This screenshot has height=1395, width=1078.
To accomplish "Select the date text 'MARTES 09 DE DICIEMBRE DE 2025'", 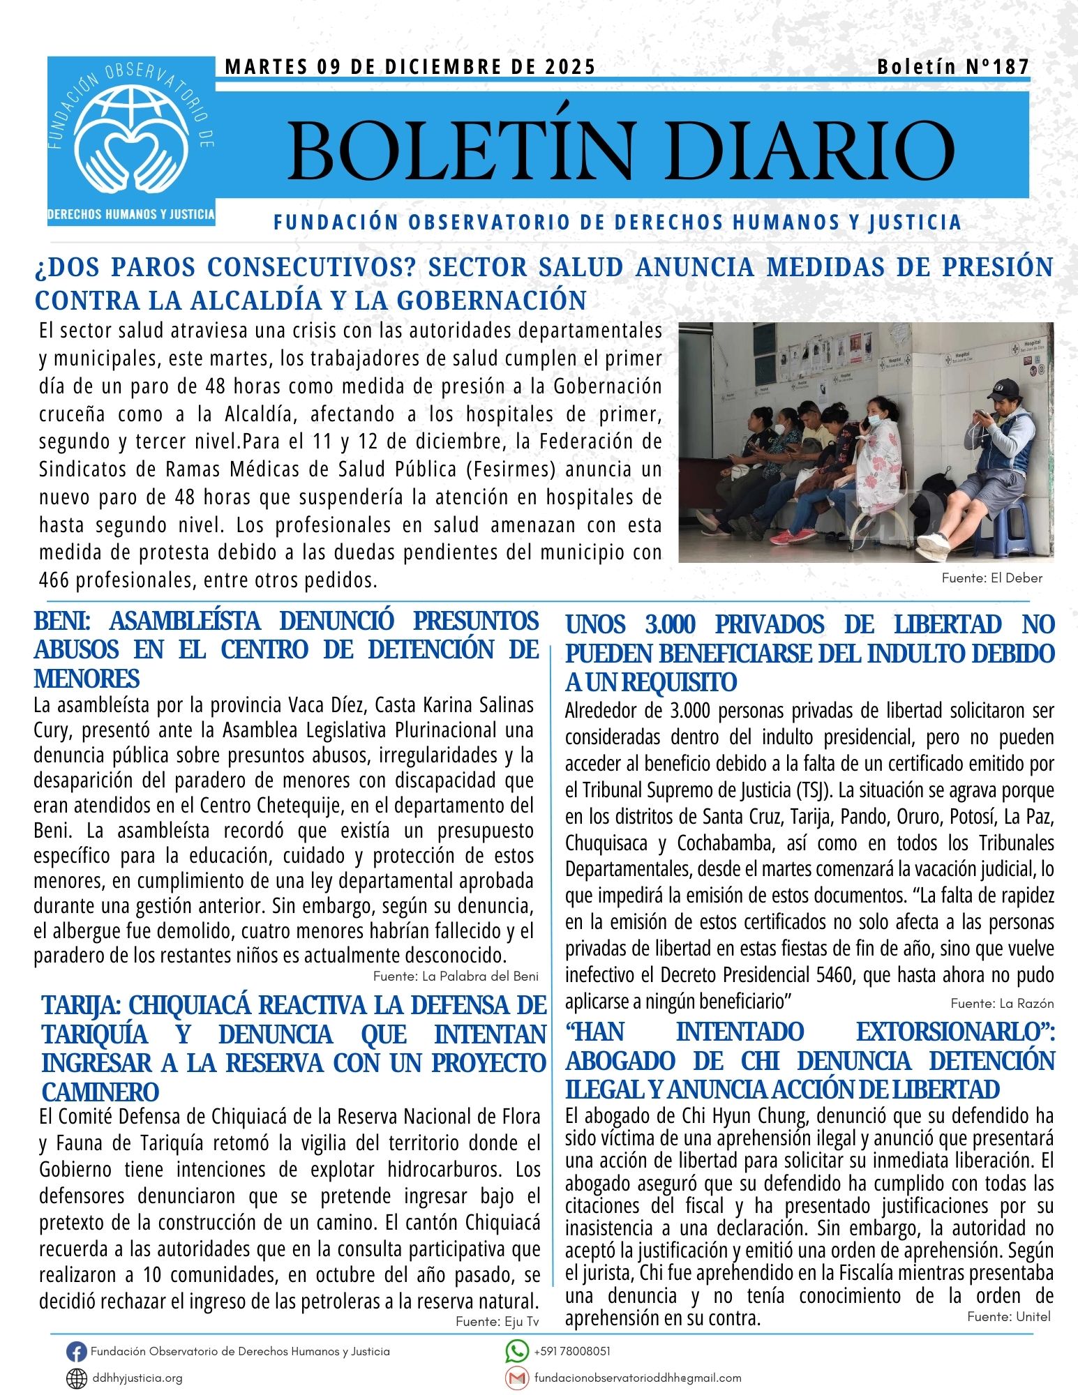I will point(410,67).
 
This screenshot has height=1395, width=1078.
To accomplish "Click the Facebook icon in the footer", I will point(76,1352).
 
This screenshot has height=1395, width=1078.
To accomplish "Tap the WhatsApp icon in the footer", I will point(516,1351).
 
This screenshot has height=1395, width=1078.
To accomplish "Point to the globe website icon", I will point(76,1378).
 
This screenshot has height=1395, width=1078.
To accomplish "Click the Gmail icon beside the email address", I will point(516,1378).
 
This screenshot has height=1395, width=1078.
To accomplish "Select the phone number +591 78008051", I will point(572,1351).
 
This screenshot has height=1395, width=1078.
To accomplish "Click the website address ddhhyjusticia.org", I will point(137,1378).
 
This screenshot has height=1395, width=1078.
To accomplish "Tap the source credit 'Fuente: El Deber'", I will point(991,578).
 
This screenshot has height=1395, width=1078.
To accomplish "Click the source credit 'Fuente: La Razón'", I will point(1002,1003).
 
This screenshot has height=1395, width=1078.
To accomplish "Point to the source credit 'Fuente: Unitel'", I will point(1008,1316).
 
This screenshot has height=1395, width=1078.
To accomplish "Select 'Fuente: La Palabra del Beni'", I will point(456,976).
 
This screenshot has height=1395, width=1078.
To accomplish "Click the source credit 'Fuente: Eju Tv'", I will point(497,1321).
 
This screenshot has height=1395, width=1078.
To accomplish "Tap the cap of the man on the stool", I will point(1005,387).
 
